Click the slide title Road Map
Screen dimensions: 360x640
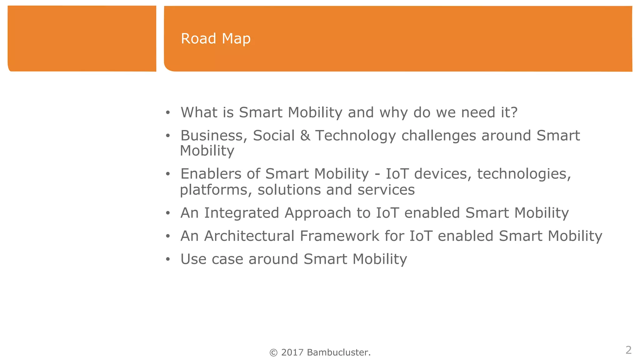coord(216,39)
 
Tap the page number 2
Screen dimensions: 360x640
coord(628,350)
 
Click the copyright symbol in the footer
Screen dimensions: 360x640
coord(273,353)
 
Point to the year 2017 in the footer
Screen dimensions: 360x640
coord(292,352)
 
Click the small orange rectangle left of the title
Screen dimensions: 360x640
coord(82,38)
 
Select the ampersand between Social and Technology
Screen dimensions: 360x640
coord(305,136)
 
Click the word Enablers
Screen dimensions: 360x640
coord(211,174)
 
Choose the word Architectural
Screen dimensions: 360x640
coord(249,236)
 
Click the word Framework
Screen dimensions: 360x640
coord(339,236)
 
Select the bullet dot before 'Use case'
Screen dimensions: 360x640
coord(168,259)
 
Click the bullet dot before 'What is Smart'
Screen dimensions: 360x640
coord(168,113)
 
